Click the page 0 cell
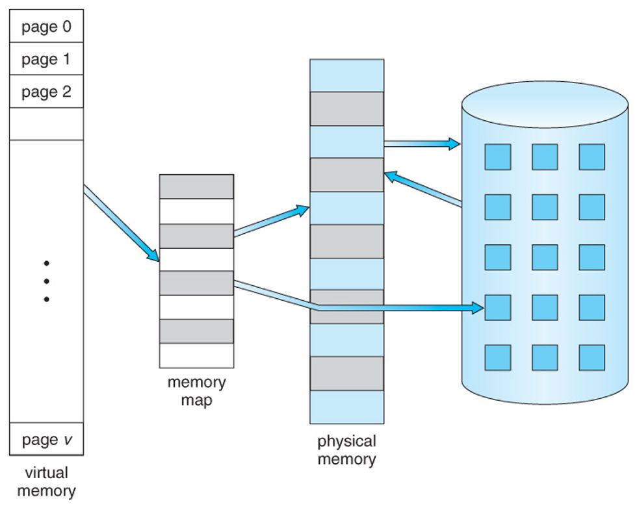[46, 27]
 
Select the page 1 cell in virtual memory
[46, 59]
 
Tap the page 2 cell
[46, 92]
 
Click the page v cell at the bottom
[46, 440]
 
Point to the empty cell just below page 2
[46, 123]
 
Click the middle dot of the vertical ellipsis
[46, 281]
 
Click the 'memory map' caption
[196, 391]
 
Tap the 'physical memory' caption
[346, 450]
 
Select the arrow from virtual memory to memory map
[122, 222]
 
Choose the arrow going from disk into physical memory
[422, 189]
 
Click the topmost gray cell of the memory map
[196, 186]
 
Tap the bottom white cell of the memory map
[196, 355]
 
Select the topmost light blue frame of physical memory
[346, 75]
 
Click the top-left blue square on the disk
[497, 157]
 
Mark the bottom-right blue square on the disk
[591, 357]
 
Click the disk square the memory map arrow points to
[497, 307]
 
